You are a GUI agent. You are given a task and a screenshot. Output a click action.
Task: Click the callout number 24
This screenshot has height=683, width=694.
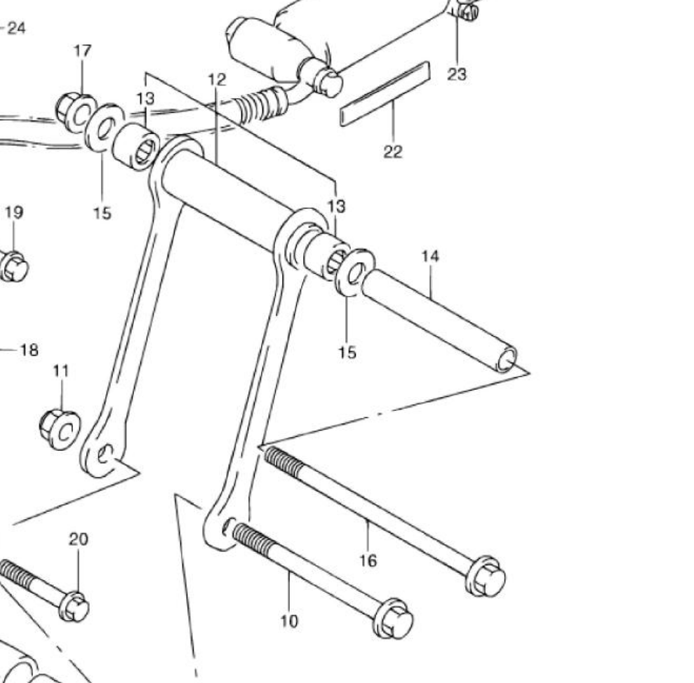pos(17,28)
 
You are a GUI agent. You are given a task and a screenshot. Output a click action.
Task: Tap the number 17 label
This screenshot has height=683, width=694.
pos(82,51)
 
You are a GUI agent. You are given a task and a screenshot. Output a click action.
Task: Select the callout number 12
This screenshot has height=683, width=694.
pos(217,80)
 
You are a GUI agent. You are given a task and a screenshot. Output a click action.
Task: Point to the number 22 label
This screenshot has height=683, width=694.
pos(393,151)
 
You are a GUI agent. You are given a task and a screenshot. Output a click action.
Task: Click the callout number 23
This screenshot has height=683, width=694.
pos(457,74)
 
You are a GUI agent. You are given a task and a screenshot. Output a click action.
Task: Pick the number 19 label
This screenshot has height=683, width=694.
pos(14,212)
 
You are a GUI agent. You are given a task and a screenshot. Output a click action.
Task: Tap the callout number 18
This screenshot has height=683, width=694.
pos(29,351)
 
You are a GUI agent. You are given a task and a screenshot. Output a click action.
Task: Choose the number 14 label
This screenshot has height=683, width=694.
pos(430,256)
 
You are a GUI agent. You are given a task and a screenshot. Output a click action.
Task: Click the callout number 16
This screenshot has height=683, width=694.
pos(368,560)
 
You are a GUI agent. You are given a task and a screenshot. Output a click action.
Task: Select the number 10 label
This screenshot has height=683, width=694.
pos(290,621)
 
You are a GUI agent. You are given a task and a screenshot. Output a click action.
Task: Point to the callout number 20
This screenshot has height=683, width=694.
pos(79,539)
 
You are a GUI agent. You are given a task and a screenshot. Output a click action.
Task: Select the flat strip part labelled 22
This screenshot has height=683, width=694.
pos(385,94)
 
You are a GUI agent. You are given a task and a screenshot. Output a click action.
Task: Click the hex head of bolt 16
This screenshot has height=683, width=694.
pos(486,576)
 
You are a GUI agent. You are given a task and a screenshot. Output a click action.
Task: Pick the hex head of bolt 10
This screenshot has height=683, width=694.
pos(393,619)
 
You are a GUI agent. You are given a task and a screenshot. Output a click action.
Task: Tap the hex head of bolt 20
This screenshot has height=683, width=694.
pos(74,607)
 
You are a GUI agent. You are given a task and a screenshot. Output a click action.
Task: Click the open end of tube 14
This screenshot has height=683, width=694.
pos(507,359)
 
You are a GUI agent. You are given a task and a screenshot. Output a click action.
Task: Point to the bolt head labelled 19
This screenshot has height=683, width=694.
pos(13,266)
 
